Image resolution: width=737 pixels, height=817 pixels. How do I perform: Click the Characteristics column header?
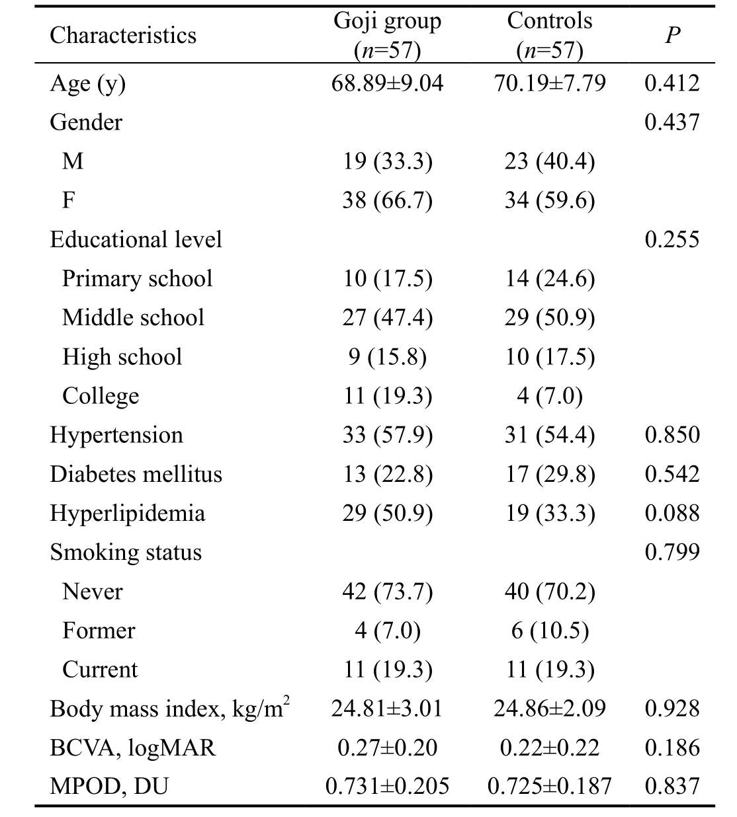coord(122,36)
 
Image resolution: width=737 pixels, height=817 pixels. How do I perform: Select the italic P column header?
coord(672,36)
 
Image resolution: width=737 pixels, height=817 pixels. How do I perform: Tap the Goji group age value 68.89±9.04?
coord(387,83)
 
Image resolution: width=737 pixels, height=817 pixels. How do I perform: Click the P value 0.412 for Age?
coord(672,83)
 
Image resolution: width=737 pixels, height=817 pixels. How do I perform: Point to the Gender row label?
coord(86,122)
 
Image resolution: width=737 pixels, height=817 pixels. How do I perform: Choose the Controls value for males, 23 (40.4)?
coord(550,161)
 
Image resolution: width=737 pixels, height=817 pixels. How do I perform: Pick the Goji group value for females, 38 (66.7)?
coord(387,200)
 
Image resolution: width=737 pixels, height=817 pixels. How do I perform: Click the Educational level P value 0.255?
coord(672,239)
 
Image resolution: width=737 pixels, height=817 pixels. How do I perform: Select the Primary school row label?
coord(137,279)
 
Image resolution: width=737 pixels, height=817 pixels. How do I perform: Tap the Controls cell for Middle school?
coord(550,318)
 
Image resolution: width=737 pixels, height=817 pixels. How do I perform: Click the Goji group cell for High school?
coord(387,357)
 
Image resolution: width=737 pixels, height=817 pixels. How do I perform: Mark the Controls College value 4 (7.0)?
coord(550,396)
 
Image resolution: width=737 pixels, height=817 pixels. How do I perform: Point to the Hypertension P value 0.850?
coord(672,434)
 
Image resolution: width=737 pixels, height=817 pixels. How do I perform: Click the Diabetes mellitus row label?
coord(136,474)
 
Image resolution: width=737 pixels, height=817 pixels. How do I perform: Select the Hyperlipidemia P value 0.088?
coord(672,513)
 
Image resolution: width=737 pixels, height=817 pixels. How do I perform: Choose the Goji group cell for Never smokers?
coord(387,592)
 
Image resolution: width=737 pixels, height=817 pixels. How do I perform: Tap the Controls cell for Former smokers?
coord(550,631)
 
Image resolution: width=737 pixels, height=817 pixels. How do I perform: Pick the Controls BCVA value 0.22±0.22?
coord(550,748)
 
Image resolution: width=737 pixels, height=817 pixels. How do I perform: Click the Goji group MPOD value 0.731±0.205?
coord(387,786)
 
